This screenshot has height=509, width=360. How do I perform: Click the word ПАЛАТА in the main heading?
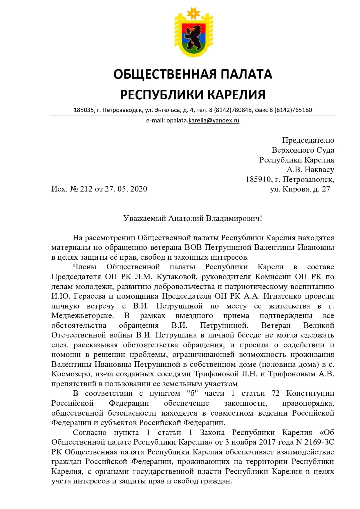246,74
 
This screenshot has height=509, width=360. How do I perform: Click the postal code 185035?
84,110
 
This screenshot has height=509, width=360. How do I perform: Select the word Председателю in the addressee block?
308,140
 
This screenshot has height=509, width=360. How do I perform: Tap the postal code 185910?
258,179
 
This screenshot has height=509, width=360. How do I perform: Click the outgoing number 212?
86,189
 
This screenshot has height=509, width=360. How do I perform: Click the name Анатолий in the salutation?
186,218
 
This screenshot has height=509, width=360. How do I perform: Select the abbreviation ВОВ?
193,248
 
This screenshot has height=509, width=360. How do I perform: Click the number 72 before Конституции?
275,394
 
